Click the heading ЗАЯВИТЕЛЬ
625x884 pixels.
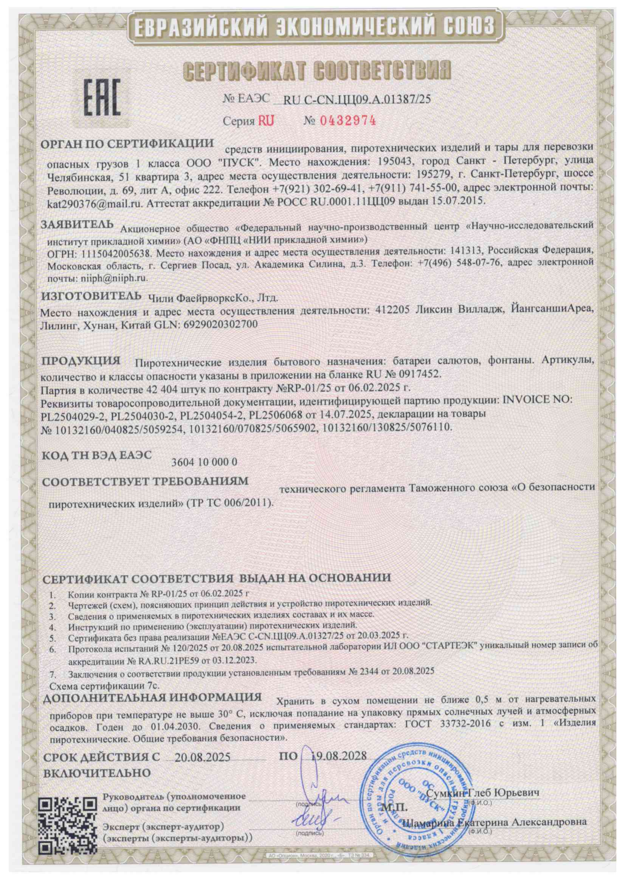coord(78,225)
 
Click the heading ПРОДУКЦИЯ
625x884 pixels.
coord(81,361)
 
